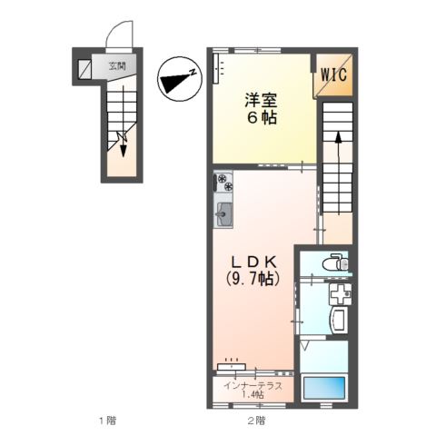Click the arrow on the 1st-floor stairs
coord(123,138)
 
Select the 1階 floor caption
coord(108,421)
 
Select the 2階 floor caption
coord(256,421)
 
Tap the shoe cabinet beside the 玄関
coord(84,68)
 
